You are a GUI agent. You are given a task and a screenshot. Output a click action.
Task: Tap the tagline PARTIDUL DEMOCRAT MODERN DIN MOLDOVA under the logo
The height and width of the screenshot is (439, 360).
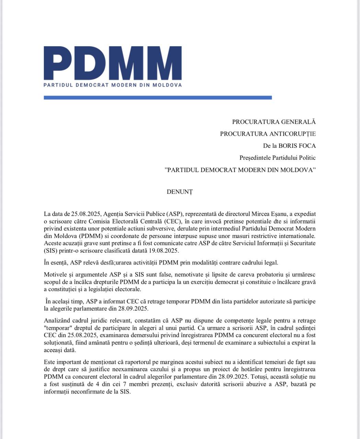tap(113, 85)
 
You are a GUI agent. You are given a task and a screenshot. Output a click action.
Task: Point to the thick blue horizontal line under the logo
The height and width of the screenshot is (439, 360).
tap(158, 98)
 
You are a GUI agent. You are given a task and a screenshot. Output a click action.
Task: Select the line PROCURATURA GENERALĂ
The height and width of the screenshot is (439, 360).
tap(274, 122)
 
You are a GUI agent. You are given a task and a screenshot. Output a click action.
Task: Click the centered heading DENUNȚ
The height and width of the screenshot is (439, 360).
tap(179, 192)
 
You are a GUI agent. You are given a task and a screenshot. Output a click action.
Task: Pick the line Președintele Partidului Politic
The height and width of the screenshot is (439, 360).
tap(277, 158)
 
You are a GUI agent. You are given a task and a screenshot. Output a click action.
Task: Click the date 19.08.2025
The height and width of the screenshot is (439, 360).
tap(159, 251)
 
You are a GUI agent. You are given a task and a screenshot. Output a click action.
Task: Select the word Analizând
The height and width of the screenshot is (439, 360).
tap(57, 320)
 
